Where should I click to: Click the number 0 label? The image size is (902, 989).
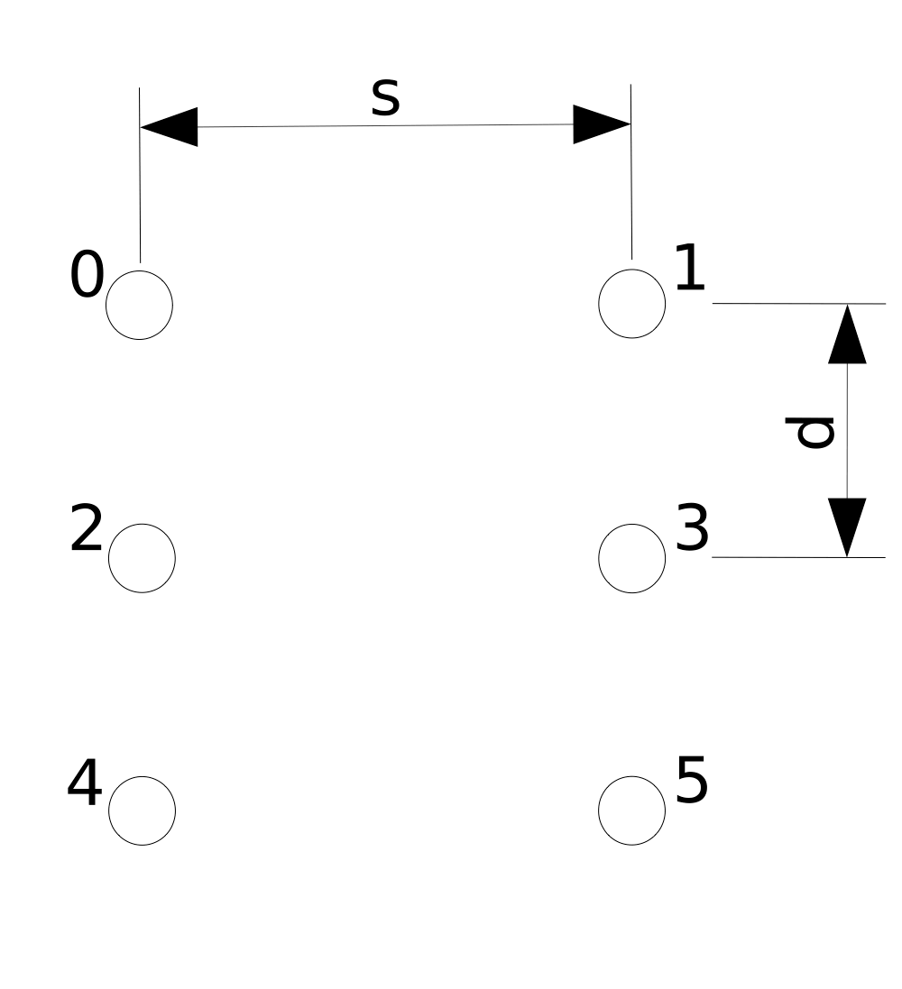click(x=87, y=274)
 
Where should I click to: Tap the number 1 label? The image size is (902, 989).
click(x=689, y=268)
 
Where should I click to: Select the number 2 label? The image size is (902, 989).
click(x=86, y=528)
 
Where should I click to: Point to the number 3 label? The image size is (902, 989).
click(x=693, y=527)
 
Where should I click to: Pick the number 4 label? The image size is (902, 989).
click(x=85, y=783)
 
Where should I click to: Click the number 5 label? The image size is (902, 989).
click(x=692, y=780)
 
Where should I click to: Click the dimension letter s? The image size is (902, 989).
click(x=385, y=97)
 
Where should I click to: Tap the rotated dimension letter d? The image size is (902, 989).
click(x=809, y=432)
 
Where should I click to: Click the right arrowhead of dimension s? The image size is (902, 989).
click(x=603, y=124)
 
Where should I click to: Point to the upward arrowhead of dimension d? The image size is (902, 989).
click(x=847, y=334)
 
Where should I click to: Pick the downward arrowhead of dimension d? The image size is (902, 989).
click(x=847, y=527)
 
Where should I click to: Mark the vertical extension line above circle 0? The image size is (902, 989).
click(x=140, y=175)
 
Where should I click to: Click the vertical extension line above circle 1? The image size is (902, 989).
click(x=631, y=171)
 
